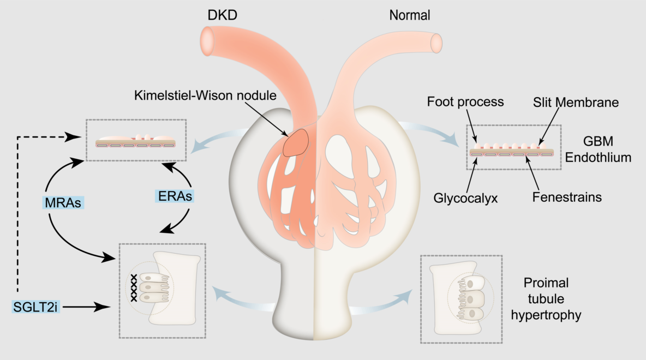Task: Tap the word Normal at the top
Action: [x=409, y=15]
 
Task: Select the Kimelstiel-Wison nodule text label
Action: [x=205, y=96]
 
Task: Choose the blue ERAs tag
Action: [x=173, y=197]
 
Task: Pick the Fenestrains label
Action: [x=567, y=197]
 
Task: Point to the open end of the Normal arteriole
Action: [x=436, y=42]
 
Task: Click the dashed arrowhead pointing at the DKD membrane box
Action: [x=71, y=137]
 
